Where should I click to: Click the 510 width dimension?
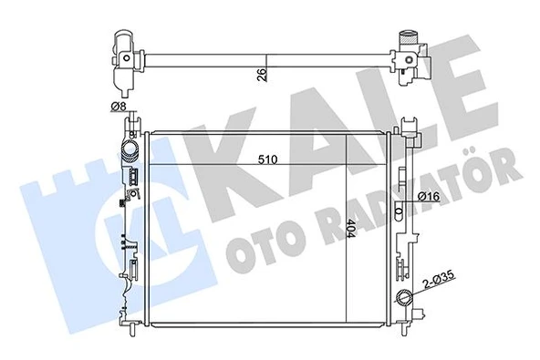coord(267,159)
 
